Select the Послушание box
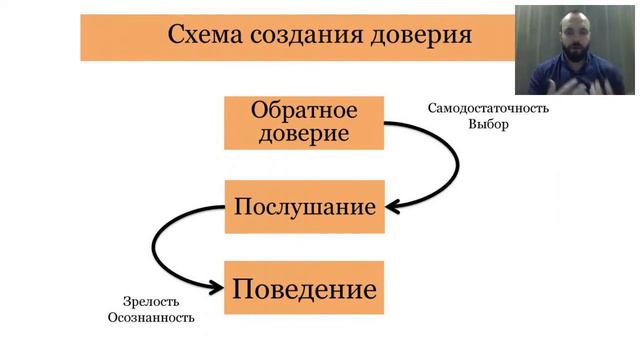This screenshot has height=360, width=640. (304, 207)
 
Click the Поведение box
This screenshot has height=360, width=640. (304, 290)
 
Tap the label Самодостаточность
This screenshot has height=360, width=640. (488, 108)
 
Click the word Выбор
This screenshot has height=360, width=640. (488, 125)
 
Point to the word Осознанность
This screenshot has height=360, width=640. (150, 318)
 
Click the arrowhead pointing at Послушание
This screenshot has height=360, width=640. (393, 207)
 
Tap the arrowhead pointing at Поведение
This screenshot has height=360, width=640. (214, 288)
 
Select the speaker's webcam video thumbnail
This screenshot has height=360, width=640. (575, 50)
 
